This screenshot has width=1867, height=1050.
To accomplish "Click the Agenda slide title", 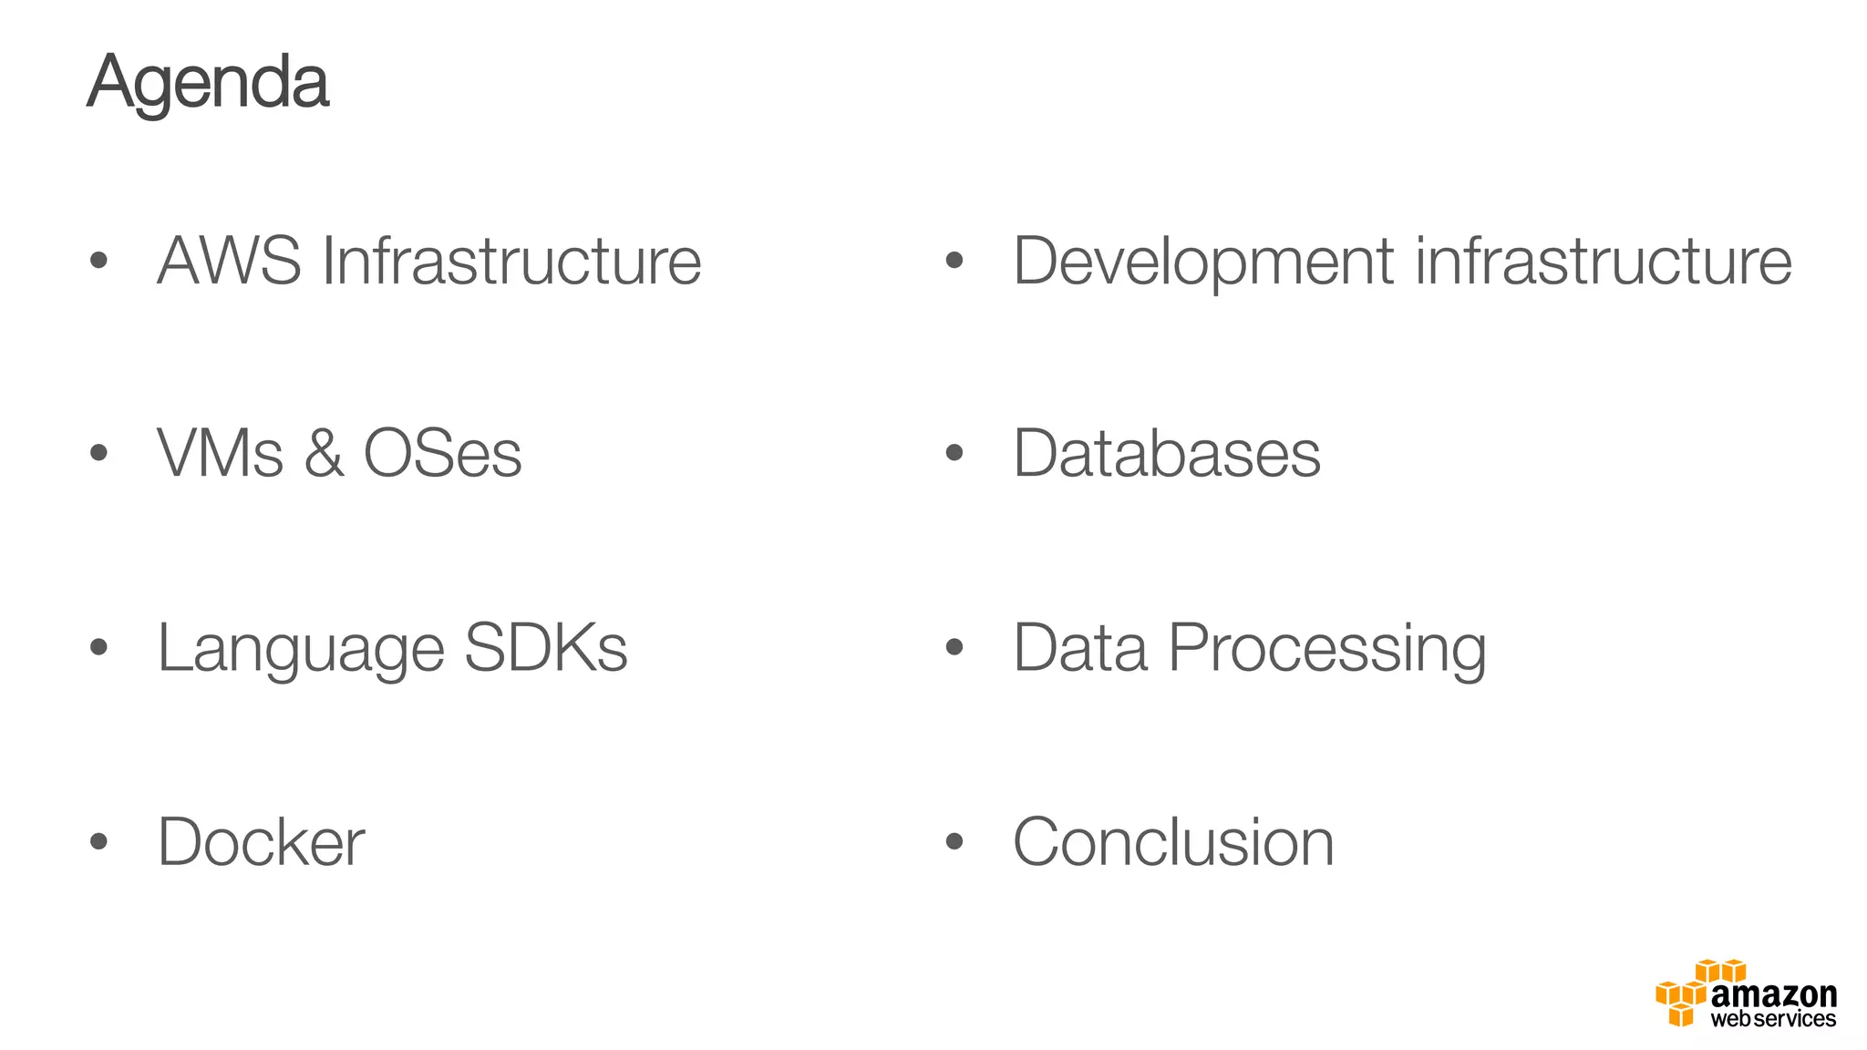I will [208, 82].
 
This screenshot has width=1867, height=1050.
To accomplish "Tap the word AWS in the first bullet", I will [229, 261].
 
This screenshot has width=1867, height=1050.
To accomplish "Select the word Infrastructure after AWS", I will [511, 261].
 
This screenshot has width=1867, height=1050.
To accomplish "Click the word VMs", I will [220, 453].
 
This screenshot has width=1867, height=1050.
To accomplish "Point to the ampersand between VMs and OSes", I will [324, 453].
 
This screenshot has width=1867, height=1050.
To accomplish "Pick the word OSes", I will [442, 453].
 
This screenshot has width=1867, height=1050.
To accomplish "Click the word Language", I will [301, 649].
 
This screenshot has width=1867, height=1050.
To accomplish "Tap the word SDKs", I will [546, 647].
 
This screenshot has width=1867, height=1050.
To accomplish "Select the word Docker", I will [261, 842].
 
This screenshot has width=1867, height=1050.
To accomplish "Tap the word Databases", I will [1167, 453].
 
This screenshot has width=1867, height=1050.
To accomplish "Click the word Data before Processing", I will [1080, 647].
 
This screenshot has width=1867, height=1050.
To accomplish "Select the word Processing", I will [1327, 649].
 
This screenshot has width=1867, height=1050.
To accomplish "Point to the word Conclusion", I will [1173, 842].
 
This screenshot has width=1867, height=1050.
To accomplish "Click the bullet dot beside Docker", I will [99, 842].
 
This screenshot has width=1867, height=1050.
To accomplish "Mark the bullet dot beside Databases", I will [954, 453].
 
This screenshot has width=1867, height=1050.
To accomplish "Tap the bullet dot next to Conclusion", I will [954, 842].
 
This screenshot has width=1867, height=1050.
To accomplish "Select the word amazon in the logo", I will [1773, 993].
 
